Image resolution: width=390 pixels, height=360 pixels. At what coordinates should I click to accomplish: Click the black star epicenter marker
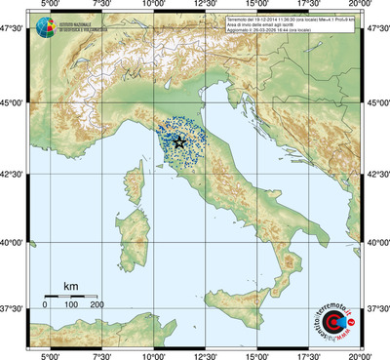[179, 140]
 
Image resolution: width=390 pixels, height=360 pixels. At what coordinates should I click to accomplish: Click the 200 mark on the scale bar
[97, 305]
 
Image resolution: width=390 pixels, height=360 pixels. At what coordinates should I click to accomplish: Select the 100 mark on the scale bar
[71, 305]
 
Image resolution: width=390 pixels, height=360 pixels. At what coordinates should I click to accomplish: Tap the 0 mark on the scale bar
[45, 305]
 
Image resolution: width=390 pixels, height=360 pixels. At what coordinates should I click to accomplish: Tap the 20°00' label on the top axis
[362, 6]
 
